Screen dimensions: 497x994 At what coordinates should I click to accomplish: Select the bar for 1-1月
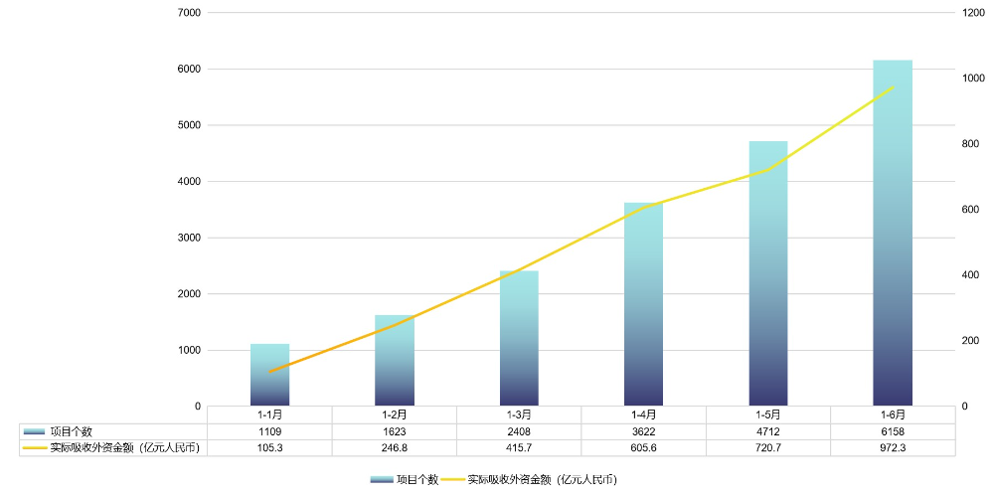(x=269, y=375)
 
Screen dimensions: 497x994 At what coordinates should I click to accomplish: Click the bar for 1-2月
(x=395, y=361)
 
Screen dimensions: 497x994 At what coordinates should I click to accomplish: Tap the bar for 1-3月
(x=519, y=338)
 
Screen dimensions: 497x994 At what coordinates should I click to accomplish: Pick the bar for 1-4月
(x=643, y=304)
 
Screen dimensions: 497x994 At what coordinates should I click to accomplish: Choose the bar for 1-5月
(x=767, y=273)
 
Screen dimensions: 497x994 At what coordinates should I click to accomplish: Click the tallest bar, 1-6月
(x=892, y=233)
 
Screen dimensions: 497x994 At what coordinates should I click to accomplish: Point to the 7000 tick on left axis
(x=188, y=13)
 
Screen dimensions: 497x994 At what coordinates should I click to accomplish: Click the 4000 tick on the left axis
(x=188, y=182)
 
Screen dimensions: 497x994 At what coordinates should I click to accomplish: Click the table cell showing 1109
(x=269, y=431)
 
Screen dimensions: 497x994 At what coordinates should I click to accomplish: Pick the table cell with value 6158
(x=892, y=431)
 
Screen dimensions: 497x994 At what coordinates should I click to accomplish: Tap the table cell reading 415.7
(x=519, y=448)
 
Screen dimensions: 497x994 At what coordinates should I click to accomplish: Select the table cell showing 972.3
(x=892, y=448)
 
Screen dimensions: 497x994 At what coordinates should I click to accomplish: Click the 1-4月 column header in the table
(x=643, y=414)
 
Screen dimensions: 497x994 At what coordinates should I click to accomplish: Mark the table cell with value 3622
(x=643, y=431)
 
